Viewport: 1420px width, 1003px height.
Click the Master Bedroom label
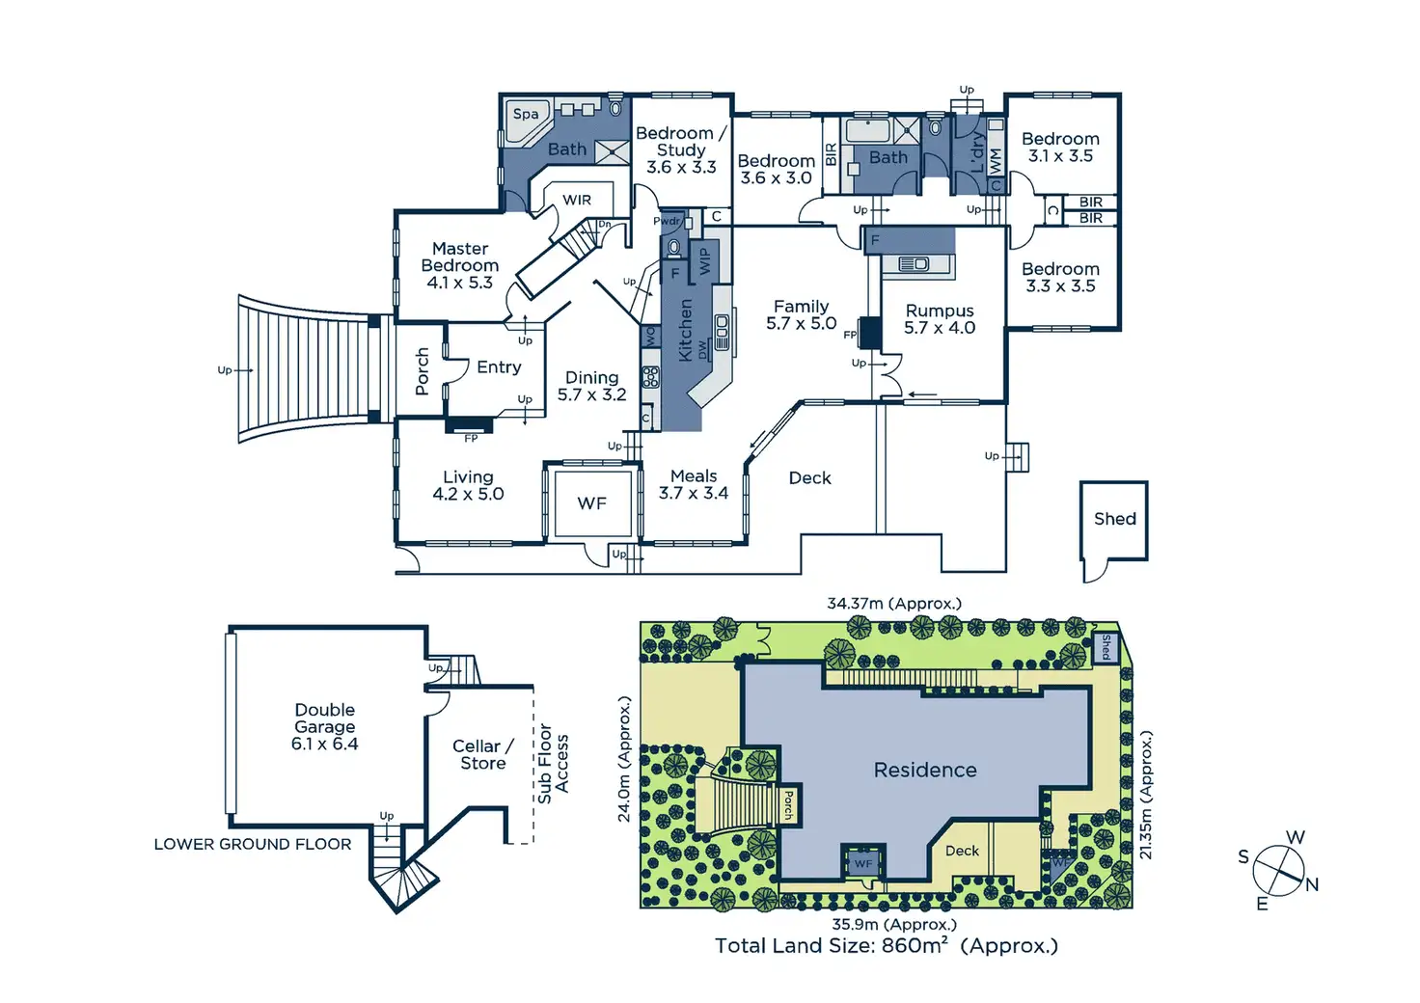point(460,265)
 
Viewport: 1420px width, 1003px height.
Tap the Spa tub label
point(526,114)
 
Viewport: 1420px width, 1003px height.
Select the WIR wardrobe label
point(577,200)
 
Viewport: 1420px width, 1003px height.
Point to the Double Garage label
point(325,726)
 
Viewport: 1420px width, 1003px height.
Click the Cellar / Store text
point(482,754)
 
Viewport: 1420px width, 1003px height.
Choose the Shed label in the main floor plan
point(1114,519)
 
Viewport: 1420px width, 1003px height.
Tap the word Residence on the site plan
point(925,770)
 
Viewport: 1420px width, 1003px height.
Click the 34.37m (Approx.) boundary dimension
point(894,604)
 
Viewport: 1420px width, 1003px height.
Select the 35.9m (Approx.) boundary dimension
point(894,924)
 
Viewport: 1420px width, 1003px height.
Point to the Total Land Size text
point(886,946)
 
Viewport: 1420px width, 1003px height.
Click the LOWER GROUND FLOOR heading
point(253,844)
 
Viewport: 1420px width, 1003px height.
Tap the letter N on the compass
point(1311,884)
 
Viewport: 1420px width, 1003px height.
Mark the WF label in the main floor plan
point(591,503)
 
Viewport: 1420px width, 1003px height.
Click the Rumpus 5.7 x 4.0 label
point(940,319)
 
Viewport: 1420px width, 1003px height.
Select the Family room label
point(801,314)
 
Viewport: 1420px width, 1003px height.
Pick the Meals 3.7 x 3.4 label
point(694,484)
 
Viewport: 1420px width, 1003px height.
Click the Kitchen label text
point(686,330)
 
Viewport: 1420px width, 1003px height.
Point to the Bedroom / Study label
point(681,149)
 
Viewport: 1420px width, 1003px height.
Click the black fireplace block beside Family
point(870,333)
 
